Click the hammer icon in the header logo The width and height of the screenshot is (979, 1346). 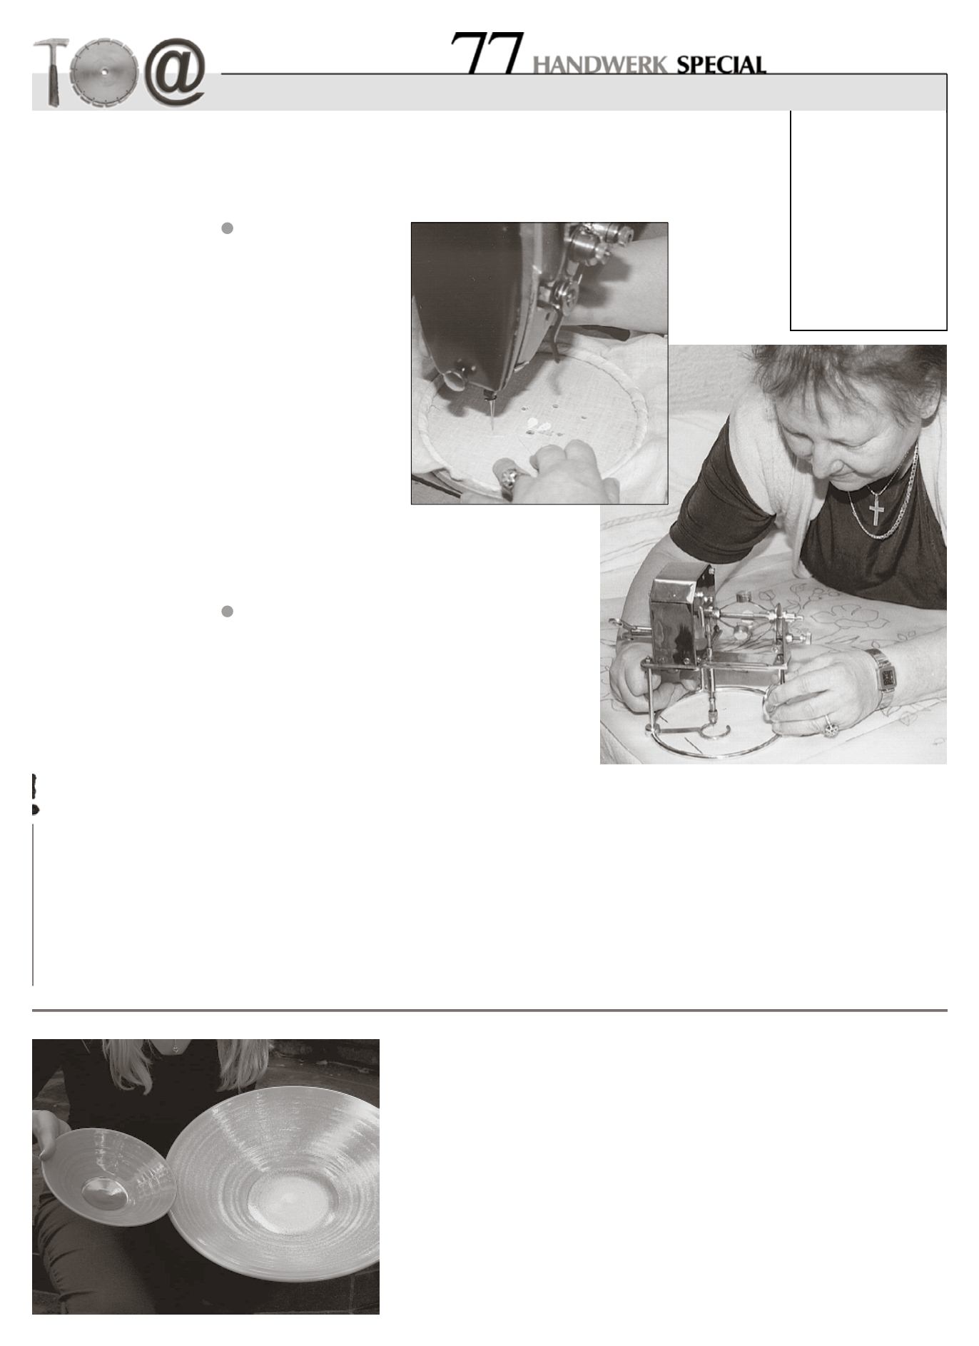tap(51, 71)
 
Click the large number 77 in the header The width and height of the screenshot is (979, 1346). tap(488, 53)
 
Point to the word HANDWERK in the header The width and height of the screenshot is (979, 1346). tap(600, 66)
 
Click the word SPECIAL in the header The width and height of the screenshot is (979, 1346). tap(721, 65)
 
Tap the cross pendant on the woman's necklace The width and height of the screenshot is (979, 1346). tap(877, 508)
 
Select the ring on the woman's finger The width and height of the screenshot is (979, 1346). tap(831, 727)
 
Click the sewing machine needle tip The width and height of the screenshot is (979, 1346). tap(492, 426)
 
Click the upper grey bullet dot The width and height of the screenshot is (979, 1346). tap(228, 228)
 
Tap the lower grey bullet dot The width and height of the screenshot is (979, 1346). tap(228, 612)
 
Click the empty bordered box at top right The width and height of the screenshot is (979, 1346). tap(868, 220)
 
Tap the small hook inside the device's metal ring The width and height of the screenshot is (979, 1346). tap(713, 729)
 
